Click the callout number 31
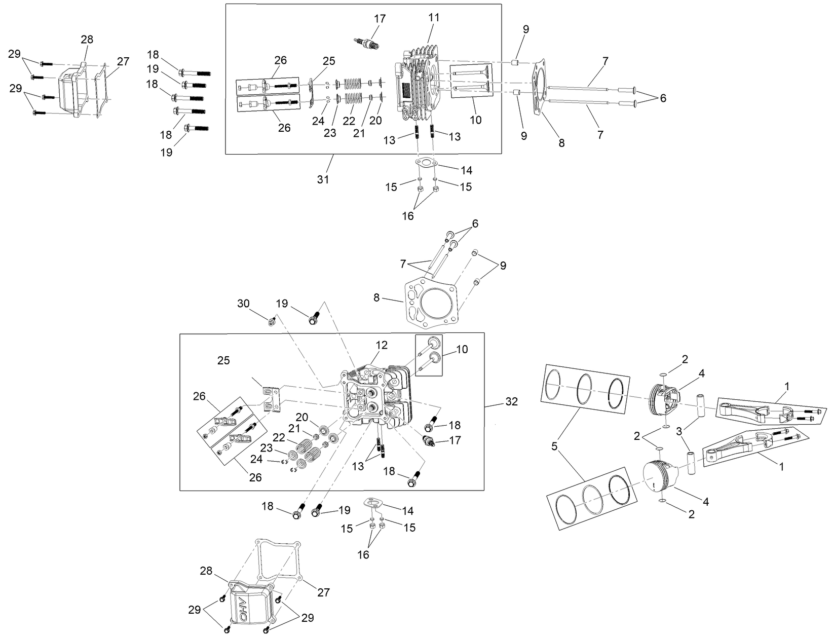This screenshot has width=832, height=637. (323, 179)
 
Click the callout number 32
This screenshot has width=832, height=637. (512, 401)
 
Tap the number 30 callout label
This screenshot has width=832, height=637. (243, 303)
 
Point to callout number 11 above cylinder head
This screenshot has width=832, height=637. (434, 17)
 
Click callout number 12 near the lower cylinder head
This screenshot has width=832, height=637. (382, 345)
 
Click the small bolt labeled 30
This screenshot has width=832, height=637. (273, 320)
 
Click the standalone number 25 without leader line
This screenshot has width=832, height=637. (223, 360)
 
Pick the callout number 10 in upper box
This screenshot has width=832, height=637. (475, 120)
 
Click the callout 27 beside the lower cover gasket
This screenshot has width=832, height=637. (324, 592)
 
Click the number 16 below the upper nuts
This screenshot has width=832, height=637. (408, 216)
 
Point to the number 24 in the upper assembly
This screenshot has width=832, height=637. (318, 122)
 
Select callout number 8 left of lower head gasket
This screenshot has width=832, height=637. (376, 297)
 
